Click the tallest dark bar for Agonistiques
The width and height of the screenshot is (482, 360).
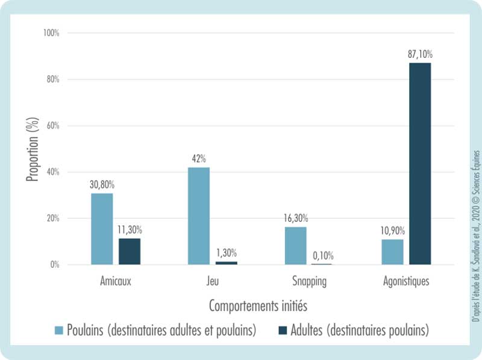[x=420, y=163]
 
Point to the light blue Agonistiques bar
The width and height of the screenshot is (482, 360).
[x=392, y=252]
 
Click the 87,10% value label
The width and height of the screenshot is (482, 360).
[x=420, y=54]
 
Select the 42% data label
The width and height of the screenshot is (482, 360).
[x=199, y=159]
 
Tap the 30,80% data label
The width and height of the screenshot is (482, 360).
[x=102, y=185]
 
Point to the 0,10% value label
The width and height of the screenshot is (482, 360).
[x=323, y=256]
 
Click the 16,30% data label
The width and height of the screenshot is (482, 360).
[x=296, y=218]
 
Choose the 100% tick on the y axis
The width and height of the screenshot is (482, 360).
[x=51, y=33]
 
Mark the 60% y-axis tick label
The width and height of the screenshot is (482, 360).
[x=52, y=125]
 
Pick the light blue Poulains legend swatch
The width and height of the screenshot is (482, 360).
[x=58, y=330]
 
